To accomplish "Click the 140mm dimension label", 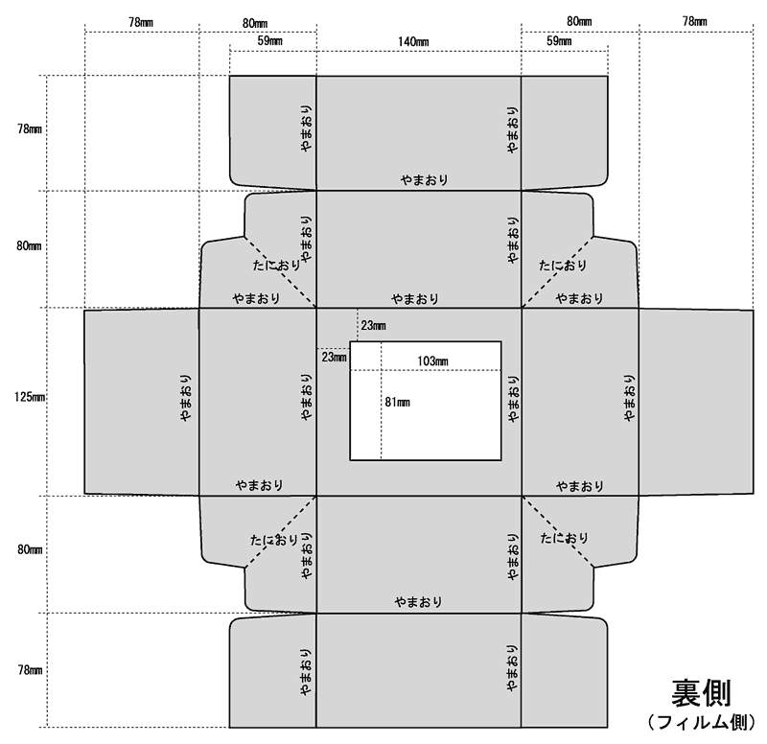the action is pos(413,42).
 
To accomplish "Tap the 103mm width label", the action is pos(433,361).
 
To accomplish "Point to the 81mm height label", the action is pos(398,403).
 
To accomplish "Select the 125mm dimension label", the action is pos(30,397).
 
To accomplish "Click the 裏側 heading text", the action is pos(701,693).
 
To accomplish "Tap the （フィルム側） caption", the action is pos(701,723).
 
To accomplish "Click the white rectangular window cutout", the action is pos(426,401).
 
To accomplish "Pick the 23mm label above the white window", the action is pos(374,326).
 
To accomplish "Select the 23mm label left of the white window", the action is pos(334,358).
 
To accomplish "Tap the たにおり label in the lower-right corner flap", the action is pos(564,539).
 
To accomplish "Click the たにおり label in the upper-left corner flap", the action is pos(276,266).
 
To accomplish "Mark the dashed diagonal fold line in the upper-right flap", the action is pos(557,272).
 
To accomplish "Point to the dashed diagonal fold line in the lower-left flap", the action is pos(281,532).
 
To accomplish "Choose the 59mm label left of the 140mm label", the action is pos(270,41).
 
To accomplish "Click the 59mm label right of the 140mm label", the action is pos(559,41).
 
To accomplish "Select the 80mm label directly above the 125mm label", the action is pos(29,245).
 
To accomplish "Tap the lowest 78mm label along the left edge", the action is pos(30,670).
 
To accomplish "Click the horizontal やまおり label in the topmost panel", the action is pos(425,180).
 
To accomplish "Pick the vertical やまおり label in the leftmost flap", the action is pos(186,398).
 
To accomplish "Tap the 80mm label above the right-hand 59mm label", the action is pos(580,21).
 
